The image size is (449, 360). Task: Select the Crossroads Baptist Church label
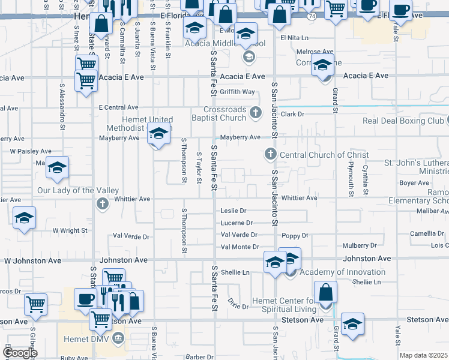point(225,113)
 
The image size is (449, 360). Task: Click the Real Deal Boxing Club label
point(403,121)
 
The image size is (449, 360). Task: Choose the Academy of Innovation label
point(342,272)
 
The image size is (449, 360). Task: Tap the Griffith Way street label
point(237,92)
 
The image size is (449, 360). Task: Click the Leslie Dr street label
point(234,211)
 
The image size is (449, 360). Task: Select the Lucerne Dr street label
point(236,223)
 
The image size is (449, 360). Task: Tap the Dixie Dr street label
point(237,306)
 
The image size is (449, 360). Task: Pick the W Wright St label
point(70,230)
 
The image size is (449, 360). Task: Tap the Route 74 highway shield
point(311,16)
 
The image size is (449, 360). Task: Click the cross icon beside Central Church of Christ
point(270,155)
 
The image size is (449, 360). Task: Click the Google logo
point(19,353)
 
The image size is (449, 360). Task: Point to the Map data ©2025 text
point(423,355)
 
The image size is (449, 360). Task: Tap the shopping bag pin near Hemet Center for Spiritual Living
point(325,293)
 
